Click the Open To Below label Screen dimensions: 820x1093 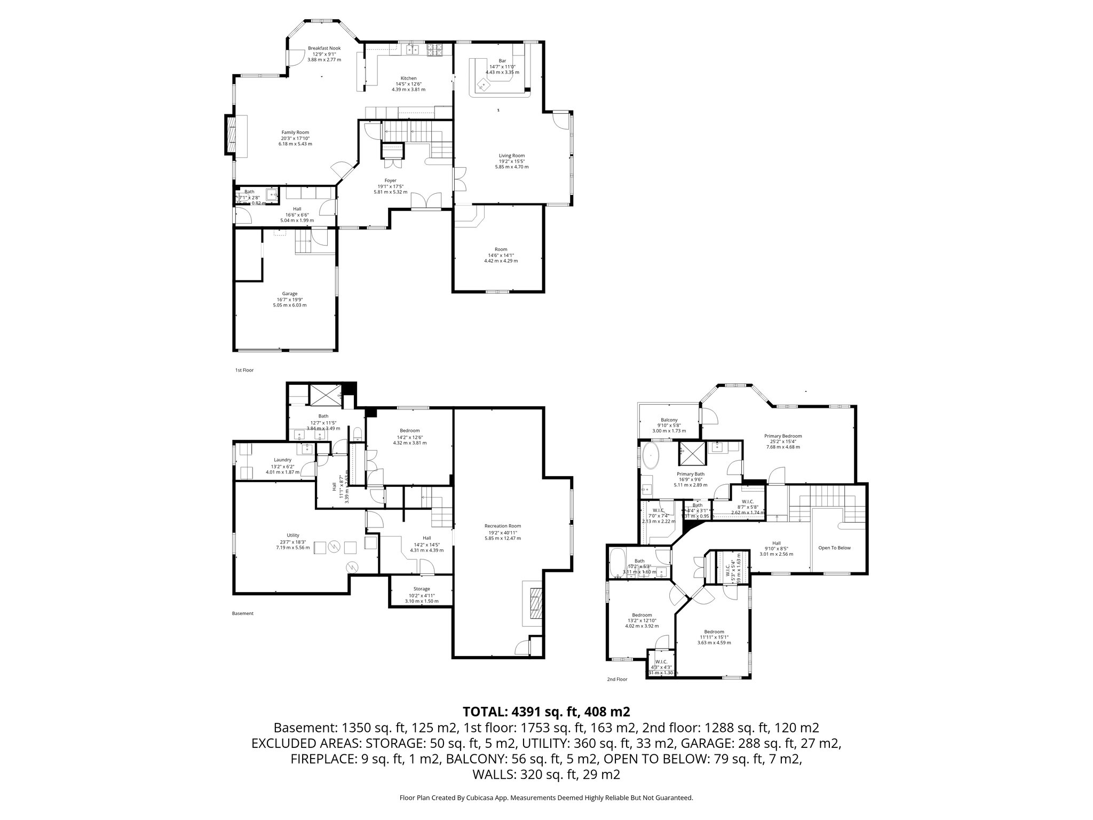click(834, 548)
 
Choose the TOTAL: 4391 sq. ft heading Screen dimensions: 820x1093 click(546, 712)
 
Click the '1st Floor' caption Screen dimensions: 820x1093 click(244, 370)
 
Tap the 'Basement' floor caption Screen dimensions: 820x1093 click(242, 613)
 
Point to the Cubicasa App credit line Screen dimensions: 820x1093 click(546, 798)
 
